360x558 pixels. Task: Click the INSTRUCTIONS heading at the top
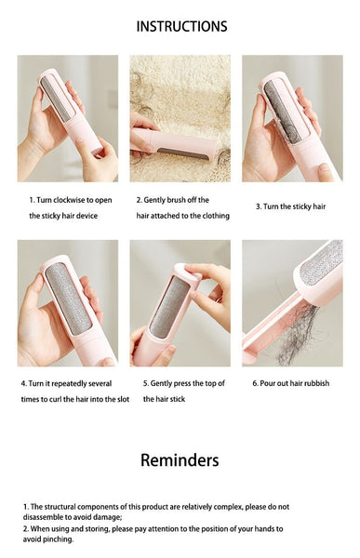[180, 26]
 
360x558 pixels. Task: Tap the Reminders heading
[180, 459]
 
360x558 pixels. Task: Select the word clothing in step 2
[213, 216]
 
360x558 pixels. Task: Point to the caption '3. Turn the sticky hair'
[291, 206]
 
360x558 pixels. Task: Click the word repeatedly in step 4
[76, 383]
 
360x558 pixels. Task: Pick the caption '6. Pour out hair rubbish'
[290, 383]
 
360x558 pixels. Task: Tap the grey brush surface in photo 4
[67, 297]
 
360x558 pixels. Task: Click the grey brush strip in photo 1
[56, 99]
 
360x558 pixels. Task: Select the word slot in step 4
[118, 399]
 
